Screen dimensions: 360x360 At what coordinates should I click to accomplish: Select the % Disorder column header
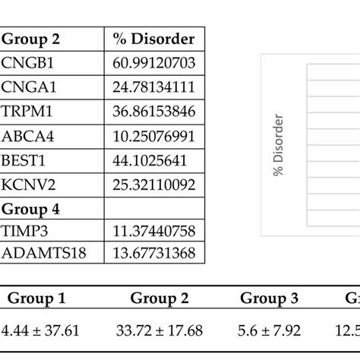152,39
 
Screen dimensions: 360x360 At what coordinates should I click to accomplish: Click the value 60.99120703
152,63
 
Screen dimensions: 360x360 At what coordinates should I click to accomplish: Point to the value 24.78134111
152,87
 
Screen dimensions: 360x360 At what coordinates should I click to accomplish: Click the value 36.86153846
152,112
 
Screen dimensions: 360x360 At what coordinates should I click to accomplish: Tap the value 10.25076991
152,136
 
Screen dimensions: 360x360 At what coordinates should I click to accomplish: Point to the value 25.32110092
152,185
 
